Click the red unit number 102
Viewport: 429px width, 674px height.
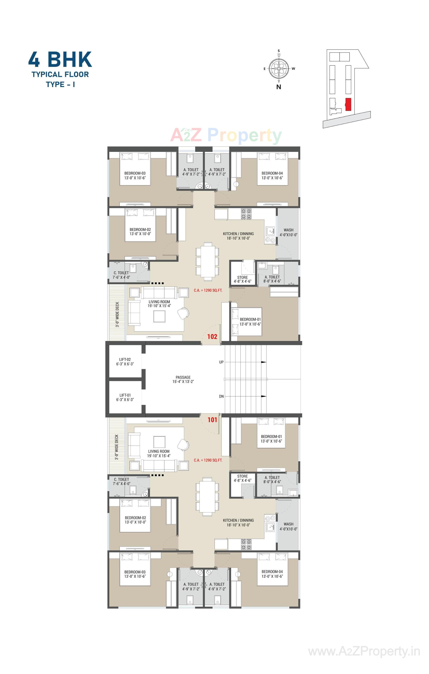212,336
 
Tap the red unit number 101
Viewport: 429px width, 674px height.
212,420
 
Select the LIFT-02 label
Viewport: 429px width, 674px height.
125,360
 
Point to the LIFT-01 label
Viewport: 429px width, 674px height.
125,395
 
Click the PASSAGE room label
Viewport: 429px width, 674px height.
183,377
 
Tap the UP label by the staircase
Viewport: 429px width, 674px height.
221,362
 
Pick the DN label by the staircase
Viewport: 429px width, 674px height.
221,396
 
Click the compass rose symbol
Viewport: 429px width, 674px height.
279,68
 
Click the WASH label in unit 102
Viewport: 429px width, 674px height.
288,230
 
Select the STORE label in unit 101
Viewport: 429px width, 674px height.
242,476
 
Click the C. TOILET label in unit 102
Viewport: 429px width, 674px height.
121,273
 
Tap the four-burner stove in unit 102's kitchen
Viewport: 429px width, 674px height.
246,214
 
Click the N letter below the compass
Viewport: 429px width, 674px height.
279,87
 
